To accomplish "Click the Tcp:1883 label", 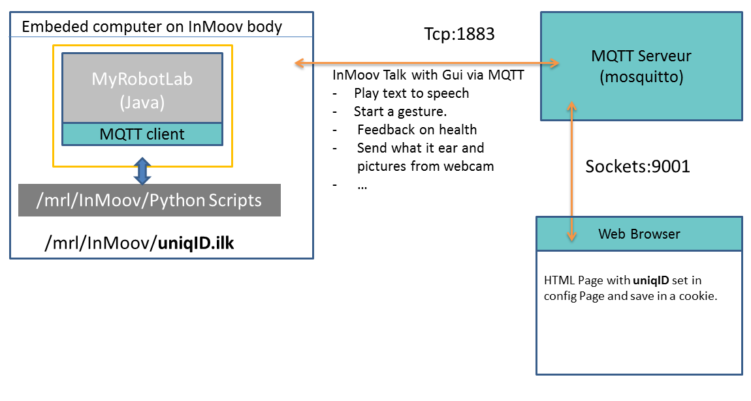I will coord(459,34).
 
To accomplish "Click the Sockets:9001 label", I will coord(637,166).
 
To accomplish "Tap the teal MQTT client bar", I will coord(142,134).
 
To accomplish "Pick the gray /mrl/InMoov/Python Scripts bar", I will coord(150,200).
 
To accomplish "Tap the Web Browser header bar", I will coord(639,233).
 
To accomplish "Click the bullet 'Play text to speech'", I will coord(411,93).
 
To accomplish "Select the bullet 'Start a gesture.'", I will coord(400,111).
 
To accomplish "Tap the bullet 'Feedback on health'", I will coord(417,130).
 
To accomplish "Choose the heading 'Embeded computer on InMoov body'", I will coord(152,27).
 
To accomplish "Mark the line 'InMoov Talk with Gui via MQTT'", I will coord(428,76).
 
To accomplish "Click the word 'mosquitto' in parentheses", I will coord(641,77).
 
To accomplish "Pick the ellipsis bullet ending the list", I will coord(362,185).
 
